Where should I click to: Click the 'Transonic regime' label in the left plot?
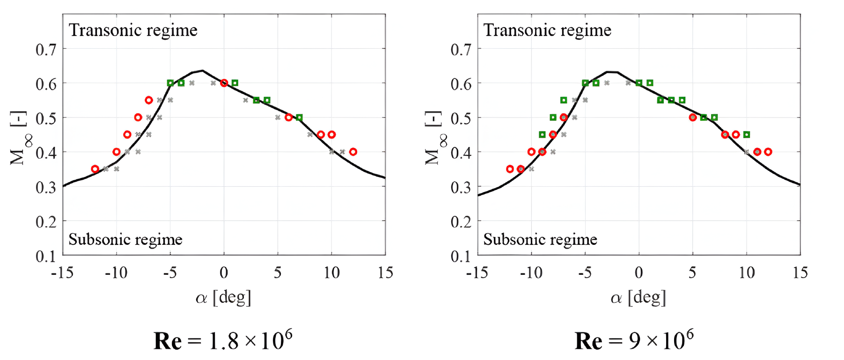pyautogui.click(x=133, y=30)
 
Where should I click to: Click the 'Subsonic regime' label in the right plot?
pyautogui.click(x=540, y=240)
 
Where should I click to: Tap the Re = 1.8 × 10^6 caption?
pyautogui.click(x=223, y=340)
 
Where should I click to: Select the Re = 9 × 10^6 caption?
pyautogui.click(x=634, y=340)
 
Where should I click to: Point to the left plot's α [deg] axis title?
pyautogui.click(x=223, y=297)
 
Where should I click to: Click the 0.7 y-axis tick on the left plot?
pyautogui.click(x=46, y=49)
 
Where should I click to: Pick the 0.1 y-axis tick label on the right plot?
pyautogui.click(x=461, y=257)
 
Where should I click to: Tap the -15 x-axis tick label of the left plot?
pyautogui.click(x=62, y=272)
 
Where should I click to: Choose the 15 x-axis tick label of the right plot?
pyautogui.click(x=800, y=272)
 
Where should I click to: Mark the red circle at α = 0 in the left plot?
pyautogui.click(x=224, y=83)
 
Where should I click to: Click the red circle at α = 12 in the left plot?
pyautogui.click(x=353, y=152)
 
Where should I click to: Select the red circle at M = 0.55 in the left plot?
pyautogui.click(x=149, y=100)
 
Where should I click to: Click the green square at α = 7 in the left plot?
pyautogui.click(x=299, y=118)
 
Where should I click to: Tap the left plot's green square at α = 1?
pyautogui.click(x=235, y=83)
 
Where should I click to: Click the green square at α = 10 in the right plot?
pyautogui.click(x=747, y=135)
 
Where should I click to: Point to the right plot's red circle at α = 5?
pyautogui.click(x=693, y=118)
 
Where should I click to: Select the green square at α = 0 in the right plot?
pyautogui.click(x=639, y=83)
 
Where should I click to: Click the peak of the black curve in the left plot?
pyautogui.click(x=202, y=71)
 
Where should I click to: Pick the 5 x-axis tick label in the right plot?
pyautogui.click(x=692, y=272)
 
